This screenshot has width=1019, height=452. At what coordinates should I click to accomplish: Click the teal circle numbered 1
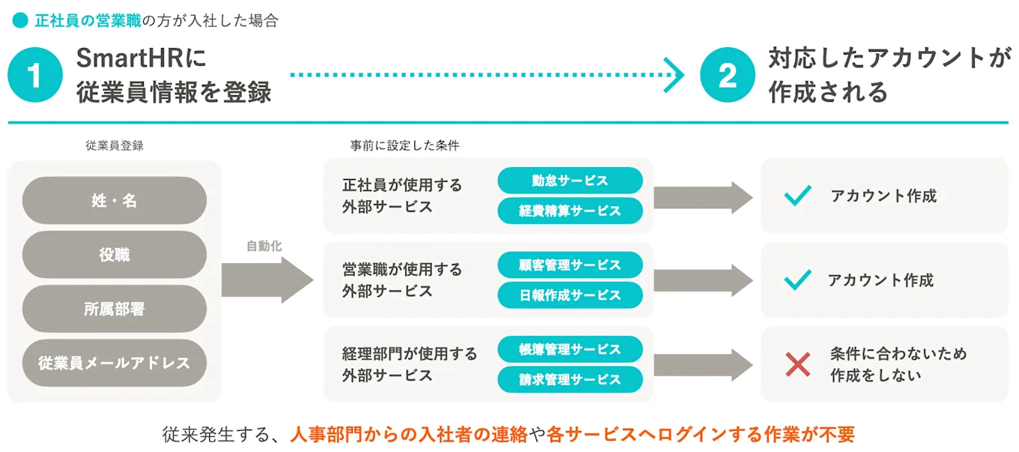tap(35, 75)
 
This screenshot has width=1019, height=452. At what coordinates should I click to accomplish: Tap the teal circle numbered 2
tap(728, 75)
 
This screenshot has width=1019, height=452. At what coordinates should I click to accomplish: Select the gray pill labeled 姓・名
tap(115, 200)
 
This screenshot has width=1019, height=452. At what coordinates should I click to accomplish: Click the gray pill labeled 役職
tap(115, 255)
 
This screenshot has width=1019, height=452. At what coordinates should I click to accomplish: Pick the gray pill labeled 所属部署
tap(115, 309)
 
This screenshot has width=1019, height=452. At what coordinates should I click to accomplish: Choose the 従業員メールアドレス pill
tap(115, 364)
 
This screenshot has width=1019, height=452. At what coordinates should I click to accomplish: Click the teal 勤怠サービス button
tap(570, 181)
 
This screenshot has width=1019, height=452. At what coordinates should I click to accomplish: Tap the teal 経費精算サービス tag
tap(570, 211)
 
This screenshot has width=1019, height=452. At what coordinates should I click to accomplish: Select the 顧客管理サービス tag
tap(570, 265)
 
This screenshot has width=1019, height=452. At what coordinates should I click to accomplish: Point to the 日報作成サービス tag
tap(570, 295)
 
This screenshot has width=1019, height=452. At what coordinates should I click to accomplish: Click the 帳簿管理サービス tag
tap(570, 349)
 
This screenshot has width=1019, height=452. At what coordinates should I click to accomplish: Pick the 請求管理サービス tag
tap(570, 379)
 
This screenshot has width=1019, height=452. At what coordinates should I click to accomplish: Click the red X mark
tap(798, 364)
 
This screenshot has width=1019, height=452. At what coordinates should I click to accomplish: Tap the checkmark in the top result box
tap(798, 196)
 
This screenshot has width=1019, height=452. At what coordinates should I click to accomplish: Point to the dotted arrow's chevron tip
tap(677, 75)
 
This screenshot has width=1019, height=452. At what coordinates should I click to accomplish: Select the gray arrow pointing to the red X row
tap(702, 364)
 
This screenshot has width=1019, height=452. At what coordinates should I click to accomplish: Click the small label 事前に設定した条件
tap(405, 146)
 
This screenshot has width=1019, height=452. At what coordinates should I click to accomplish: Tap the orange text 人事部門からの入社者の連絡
tap(409, 434)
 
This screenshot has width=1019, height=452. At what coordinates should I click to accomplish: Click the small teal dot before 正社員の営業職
tap(20, 21)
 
